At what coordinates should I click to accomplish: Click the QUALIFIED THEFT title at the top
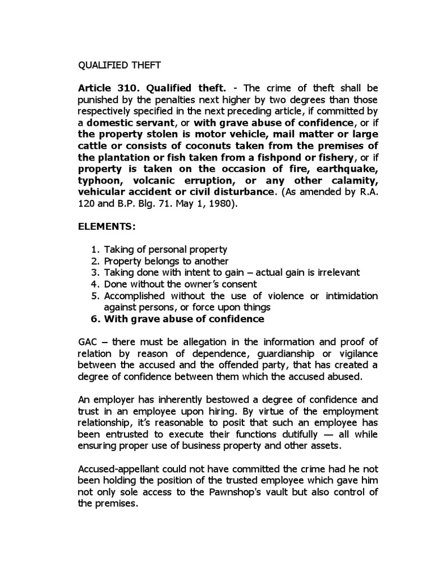[119, 65]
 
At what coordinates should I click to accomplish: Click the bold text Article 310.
[103, 88]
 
